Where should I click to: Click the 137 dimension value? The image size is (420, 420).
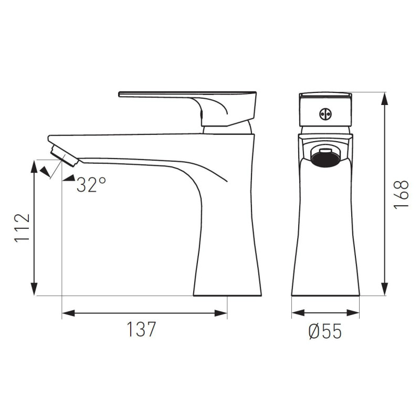(141, 329)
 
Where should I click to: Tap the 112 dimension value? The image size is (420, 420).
(22, 228)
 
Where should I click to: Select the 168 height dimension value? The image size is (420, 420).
(401, 194)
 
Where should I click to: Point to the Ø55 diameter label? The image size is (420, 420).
(324, 331)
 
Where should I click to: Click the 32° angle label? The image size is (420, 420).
(91, 185)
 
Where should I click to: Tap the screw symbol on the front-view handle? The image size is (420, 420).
(325, 114)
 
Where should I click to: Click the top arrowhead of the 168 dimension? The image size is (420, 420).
(385, 99)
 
